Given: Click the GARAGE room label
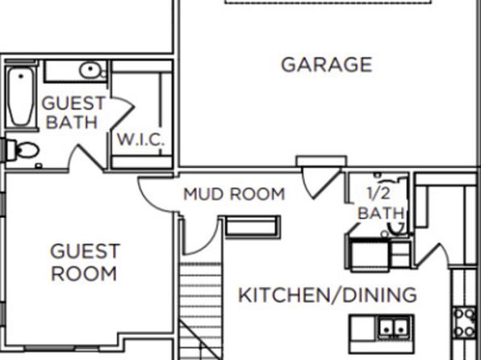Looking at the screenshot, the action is [x=327, y=65].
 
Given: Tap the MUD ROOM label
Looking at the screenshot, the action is [x=234, y=195].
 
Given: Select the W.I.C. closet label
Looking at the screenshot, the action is [x=140, y=140].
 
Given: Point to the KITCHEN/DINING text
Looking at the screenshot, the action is [x=328, y=295].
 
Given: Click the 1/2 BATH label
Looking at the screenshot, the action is [x=380, y=203].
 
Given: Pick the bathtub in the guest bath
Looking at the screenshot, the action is [x=20, y=96].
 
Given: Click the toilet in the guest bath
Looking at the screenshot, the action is [x=23, y=150].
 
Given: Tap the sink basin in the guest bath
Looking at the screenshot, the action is [x=90, y=70].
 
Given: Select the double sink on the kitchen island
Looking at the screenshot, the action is [x=394, y=328].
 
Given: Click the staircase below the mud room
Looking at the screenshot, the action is [x=200, y=311].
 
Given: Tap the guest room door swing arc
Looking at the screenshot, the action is [x=156, y=195].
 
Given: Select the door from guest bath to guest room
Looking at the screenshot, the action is [x=86, y=157].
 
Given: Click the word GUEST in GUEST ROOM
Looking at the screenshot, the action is [x=85, y=251].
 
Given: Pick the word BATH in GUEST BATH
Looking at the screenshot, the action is [x=72, y=122].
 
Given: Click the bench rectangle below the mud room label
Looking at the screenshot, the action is [x=253, y=227].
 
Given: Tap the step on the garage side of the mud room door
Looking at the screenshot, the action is [x=321, y=161].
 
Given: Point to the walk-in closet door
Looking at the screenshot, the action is [x=122, y=112].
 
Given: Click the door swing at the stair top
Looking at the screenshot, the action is [x=201, y=237].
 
